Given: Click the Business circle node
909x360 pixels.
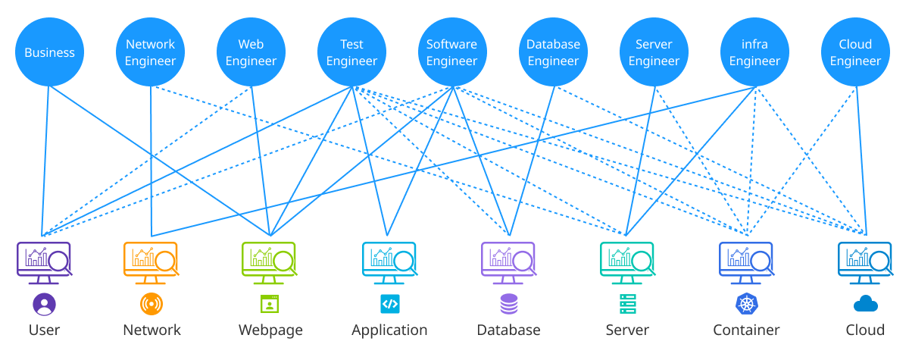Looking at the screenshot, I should coord(50,52).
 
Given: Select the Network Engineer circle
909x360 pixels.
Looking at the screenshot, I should coord(151,52).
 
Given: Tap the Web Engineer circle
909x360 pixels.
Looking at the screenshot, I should coord(251,52).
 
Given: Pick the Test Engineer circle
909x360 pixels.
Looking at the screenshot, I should coord(352,52).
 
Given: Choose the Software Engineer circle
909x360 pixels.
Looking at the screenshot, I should coord(452,52).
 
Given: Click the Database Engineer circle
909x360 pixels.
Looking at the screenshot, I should coord(553,52).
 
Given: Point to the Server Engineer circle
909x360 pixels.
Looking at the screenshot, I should coord(654,52).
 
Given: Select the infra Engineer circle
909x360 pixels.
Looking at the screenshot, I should coord(754,52).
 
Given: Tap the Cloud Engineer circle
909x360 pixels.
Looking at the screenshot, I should coord(855,52).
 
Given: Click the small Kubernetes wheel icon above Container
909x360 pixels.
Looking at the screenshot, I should coord(747,305).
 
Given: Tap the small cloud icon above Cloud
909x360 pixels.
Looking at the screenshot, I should coord(865,305).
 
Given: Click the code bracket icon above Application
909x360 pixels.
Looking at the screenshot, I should coord(389,305).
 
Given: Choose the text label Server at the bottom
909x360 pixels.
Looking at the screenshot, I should coord(627,330).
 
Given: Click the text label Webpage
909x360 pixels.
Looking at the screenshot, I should coord(270,330).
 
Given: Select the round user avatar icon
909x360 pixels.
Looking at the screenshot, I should coord(45,305).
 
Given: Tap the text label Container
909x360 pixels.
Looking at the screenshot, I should coord(746,330).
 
